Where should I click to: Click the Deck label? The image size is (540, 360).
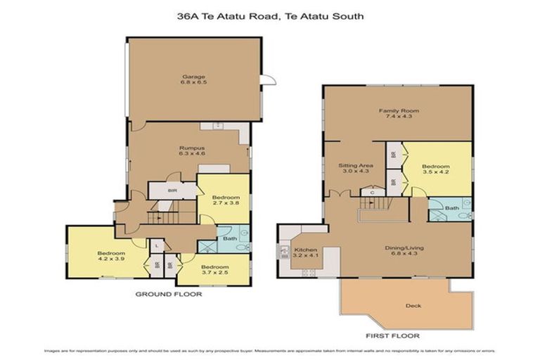click(x=414, y=305)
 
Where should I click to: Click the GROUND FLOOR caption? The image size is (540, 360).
click(x=169, y=294)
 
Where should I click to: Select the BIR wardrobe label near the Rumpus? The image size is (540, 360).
click(x=172, y=190)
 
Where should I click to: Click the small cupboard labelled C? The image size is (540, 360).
click(x=372, y=191)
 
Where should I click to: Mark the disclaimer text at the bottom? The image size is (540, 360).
click(x=270, y=350)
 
